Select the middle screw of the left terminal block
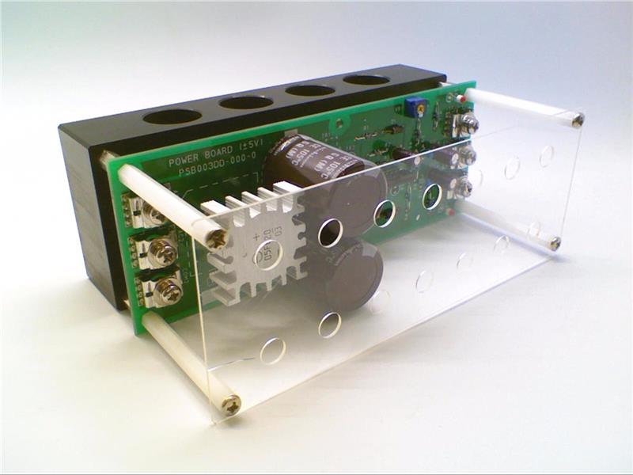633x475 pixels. tap(165, 253)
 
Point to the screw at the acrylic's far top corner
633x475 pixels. tap(578, 120)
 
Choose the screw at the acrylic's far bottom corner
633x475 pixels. tap(555, 242)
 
